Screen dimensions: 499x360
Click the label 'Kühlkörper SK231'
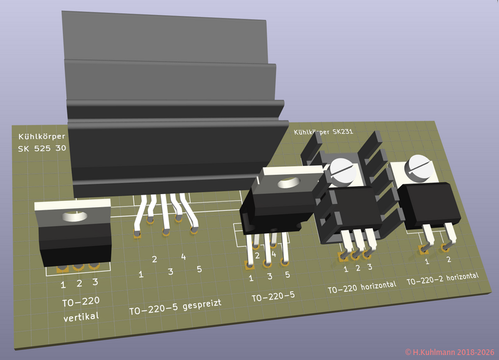[323, 132]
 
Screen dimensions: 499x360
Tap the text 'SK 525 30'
[42, 148]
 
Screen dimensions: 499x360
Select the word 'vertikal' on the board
[81, 317]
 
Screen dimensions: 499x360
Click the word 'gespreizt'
[202, 304]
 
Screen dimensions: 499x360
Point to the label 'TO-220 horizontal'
[362, 287]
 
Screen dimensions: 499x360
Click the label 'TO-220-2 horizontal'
[443, 278]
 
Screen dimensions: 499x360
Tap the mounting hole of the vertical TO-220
[75, 216]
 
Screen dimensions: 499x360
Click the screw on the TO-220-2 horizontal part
[420, 165]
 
